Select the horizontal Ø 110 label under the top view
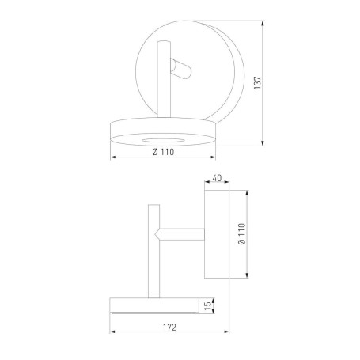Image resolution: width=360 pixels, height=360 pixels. tap(161, 153)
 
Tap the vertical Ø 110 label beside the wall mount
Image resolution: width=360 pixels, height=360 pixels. tap(242, 234)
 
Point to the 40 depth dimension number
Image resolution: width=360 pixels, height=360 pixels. tap(217, 180)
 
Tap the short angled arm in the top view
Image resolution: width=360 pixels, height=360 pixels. tap(181, 73)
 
